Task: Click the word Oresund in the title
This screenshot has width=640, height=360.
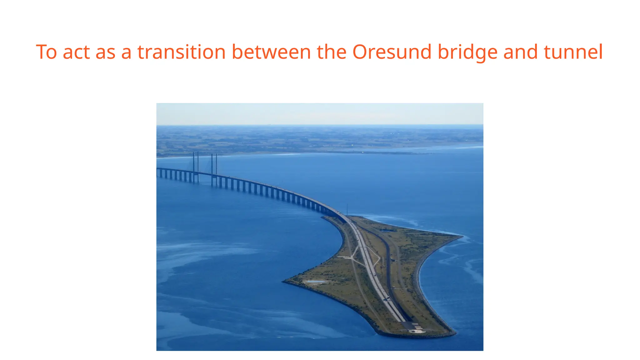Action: click(392, 52)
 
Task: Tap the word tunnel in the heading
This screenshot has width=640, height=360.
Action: click(573, 52)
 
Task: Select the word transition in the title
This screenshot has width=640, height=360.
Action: click(181, 52)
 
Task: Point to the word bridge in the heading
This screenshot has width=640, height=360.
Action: click(467, 52)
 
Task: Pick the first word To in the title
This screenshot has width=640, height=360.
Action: click(46, 52)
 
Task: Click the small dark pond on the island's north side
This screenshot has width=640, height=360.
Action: click(386, 231)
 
